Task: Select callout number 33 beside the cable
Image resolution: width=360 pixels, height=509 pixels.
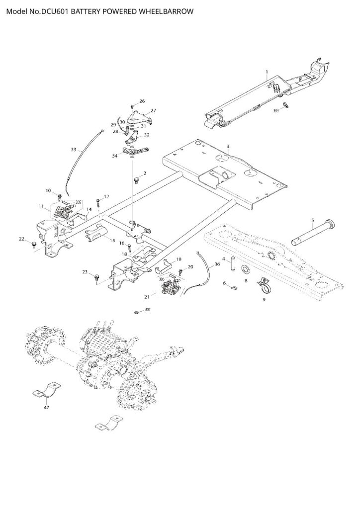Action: [74, 149]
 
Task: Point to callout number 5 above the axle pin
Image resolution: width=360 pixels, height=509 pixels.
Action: [312, 220]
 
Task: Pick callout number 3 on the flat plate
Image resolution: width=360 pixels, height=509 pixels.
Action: [227, 147]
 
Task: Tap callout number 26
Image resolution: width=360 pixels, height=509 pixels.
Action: [142, 101]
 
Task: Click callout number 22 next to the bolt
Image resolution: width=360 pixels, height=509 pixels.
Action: [21, 239]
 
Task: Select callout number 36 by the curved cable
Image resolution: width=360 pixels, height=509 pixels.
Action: [217, 265]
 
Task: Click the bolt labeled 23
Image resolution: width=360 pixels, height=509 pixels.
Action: [96, 276]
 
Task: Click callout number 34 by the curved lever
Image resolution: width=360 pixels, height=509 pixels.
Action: [115, 156]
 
